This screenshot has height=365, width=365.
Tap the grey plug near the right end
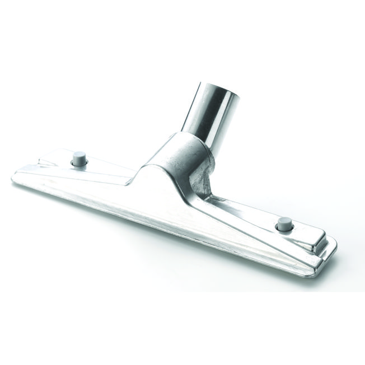pos(284,223)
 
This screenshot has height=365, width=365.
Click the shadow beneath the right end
pos(313,272)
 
